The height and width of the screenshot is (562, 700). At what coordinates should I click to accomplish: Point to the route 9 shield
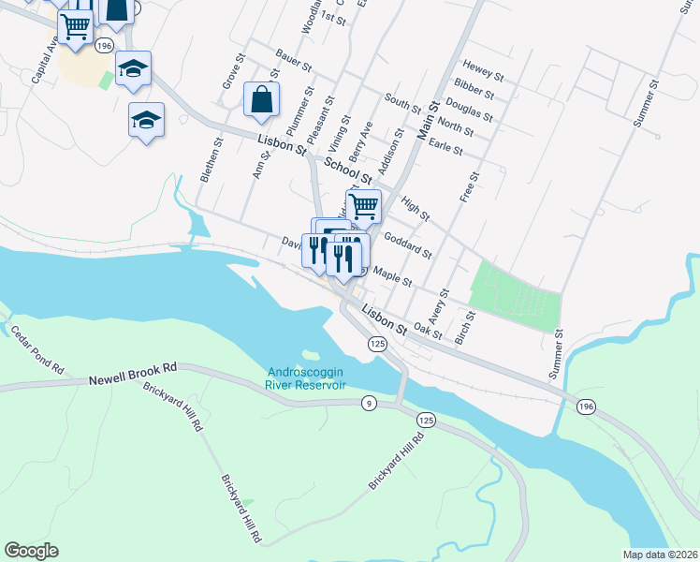coord(370,403)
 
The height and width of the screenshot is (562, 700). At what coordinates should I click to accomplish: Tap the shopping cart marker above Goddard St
coord(363,205)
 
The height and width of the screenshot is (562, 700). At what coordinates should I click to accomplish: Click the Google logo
coord(31,551)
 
